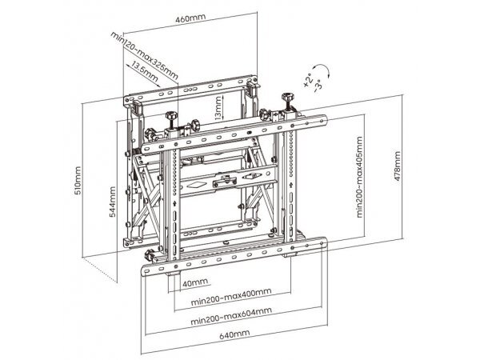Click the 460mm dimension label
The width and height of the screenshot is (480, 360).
[190, 18]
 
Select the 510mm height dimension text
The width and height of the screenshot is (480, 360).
[78, 180]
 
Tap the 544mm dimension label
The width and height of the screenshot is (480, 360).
[112, 202]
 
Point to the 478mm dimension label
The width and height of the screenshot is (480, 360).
[397, 166]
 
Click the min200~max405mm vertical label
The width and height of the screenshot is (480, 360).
[359, 177]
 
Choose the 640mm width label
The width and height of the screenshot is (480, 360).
[234, 334]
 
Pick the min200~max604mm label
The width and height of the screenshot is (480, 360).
[231, 316]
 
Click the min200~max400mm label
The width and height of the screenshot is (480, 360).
[231, 297]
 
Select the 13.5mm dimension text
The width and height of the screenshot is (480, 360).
[145, 73]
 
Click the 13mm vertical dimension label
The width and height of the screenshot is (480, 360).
[218, 108]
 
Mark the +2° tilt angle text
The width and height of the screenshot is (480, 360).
[308, 81]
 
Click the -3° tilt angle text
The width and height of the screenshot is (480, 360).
[318, 85]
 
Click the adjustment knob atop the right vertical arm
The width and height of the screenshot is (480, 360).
[287, 98]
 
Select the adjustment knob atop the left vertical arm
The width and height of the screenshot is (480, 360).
[171, 116]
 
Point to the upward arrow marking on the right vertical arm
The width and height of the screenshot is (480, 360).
[290, 185]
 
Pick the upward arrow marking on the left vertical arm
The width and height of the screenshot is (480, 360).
[174, 202]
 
